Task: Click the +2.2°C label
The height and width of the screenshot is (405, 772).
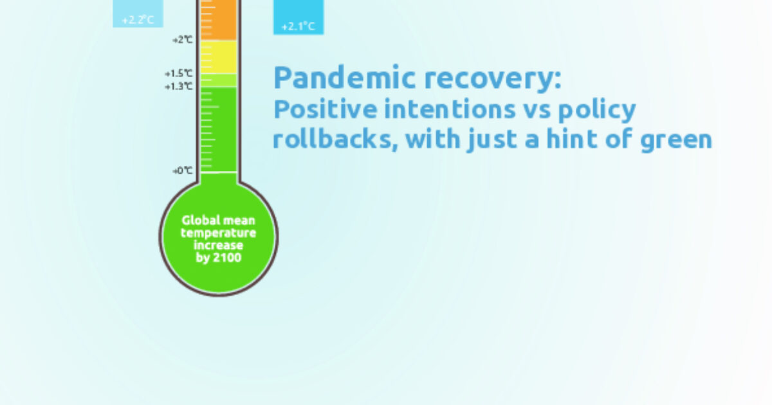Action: pos(138,19)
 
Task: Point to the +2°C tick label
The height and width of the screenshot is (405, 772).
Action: pos(183,40)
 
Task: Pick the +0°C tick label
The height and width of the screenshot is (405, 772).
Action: pos(182,171)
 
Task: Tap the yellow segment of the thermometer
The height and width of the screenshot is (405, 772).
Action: pos(219,57)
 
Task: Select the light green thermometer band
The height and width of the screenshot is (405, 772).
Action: pos(219,80)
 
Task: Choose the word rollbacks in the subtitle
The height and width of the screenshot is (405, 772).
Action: pos(328,139)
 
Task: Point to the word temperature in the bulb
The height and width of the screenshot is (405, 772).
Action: pos(219,233)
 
